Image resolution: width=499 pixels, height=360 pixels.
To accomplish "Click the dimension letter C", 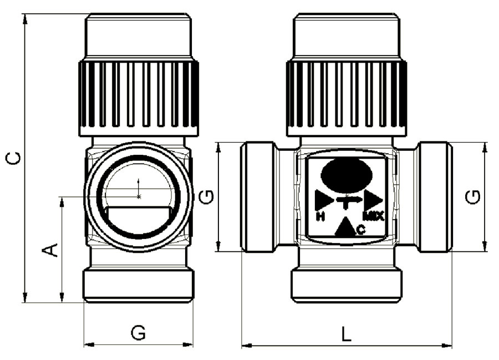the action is tap(14, 159).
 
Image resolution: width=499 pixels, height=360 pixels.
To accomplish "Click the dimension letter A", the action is tap(50, 250).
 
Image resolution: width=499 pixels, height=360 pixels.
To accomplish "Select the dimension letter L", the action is tap(347, 334).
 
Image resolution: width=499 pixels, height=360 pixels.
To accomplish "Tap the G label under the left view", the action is tap(139, 333).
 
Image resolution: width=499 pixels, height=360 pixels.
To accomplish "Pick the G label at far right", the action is tap(472, 197).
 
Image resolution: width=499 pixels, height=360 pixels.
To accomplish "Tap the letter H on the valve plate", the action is tap(320, 217).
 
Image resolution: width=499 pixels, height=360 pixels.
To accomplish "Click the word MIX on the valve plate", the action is tap(374, 216).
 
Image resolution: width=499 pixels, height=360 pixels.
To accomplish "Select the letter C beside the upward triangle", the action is tap(361, 229).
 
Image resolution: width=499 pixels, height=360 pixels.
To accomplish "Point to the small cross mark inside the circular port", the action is tap(139, 197).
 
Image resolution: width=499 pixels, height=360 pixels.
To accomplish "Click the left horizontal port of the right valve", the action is tap(258, 197).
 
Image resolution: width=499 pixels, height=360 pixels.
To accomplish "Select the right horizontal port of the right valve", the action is tap(435, 197).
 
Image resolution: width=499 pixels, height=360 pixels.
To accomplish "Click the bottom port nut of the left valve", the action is tap(139, 286).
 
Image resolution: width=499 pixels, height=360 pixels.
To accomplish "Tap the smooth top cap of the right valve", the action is tap(347, 36).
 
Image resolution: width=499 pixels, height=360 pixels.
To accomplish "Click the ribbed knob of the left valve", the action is tap(139, 98).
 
